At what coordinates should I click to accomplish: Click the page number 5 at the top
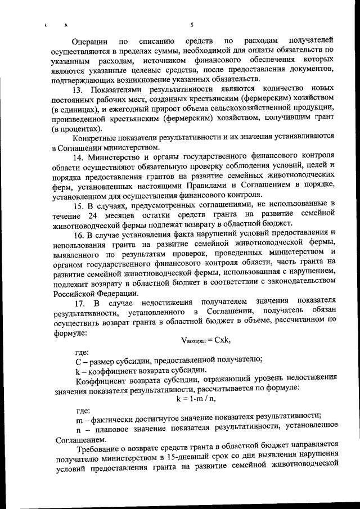(192, 24)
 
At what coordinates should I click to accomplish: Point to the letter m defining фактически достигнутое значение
(79, 417)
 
